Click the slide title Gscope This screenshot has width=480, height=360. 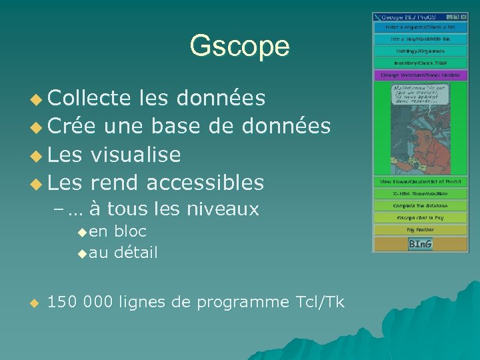pos(239,47)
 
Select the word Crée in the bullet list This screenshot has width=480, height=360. pos(71,125)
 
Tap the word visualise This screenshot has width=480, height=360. pos(135,154)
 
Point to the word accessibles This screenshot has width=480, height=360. pos(205,181)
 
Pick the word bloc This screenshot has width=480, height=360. pos(130,231)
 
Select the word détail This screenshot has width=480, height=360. pos(136,253)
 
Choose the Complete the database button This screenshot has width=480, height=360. pos(419,206)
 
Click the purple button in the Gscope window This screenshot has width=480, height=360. pos(419,75)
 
